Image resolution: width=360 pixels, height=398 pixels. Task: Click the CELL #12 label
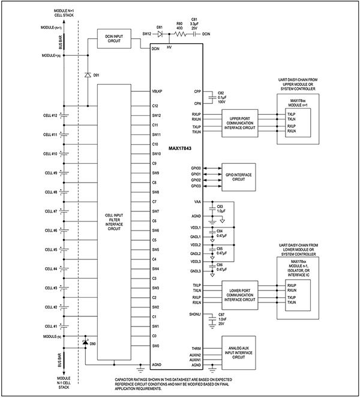tap(50, 115)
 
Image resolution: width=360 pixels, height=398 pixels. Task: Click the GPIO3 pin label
tap(196, 187)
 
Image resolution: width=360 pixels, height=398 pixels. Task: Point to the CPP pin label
tap(197, 91)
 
